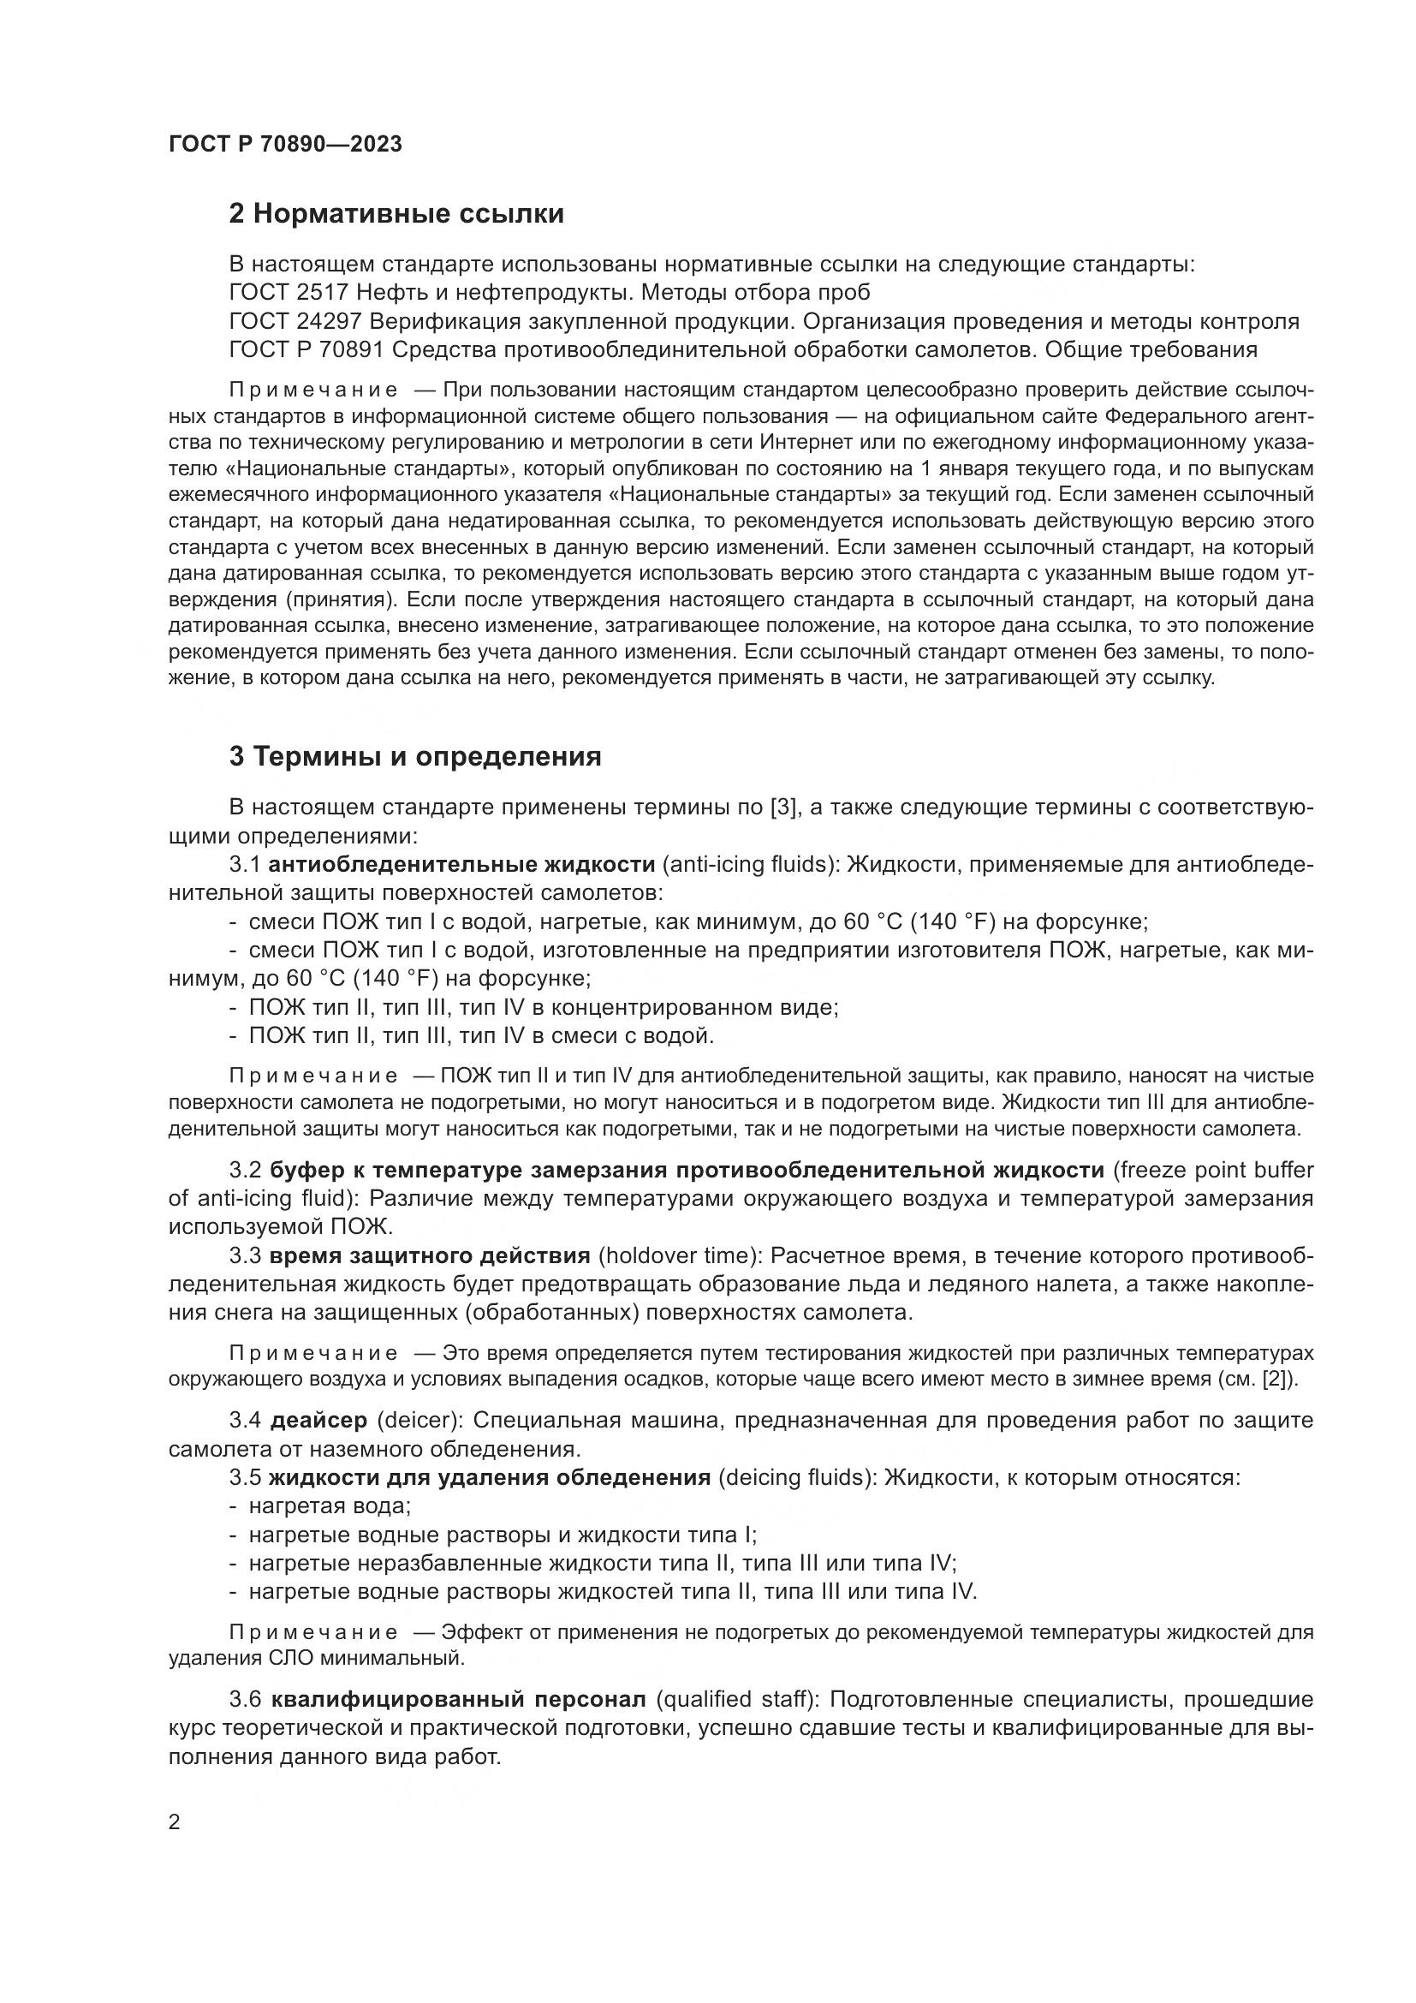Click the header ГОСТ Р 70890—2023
coord(285,145)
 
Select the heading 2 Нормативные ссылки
coord(396,214)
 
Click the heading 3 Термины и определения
coord(415,756)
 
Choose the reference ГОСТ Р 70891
coord(306,350)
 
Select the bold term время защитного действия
coord(429,1255)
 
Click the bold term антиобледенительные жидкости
coord(461,865)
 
